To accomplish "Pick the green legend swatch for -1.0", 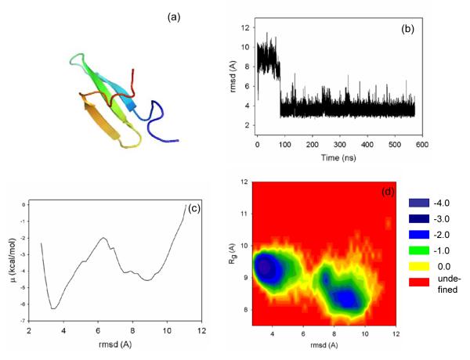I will pos(419,250).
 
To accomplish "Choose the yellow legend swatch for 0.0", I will pos(419,272).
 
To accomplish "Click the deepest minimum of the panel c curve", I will pos(53,308).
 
